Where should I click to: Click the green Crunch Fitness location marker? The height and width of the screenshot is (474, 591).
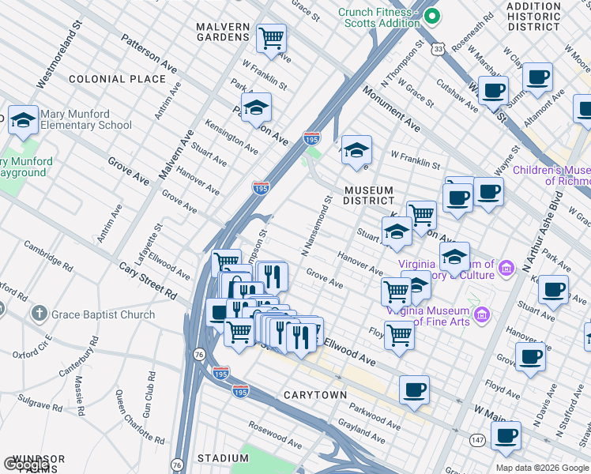click(431, 15)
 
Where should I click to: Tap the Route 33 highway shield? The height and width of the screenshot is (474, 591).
click(438, 49)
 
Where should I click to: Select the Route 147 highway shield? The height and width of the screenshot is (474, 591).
click(479, 439)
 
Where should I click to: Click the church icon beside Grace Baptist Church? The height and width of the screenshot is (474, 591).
click(39, 314)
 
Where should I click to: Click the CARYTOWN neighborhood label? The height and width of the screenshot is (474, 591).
click(314, 395)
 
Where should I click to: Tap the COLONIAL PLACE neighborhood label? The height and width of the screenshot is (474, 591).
click(117, 79)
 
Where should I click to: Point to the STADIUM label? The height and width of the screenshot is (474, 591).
click(223, 458)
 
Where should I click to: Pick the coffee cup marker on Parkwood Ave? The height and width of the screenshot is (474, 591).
click(414, 389)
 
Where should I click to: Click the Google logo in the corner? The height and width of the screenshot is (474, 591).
click(27, 465)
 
